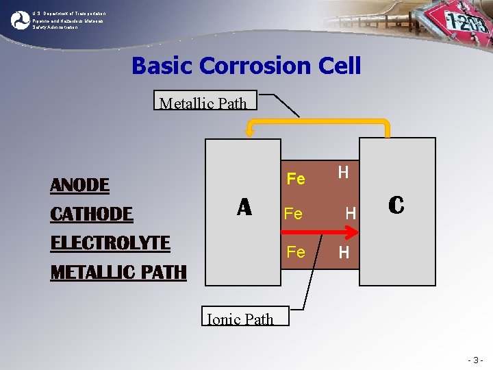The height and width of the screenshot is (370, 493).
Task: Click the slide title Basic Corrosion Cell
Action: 246,66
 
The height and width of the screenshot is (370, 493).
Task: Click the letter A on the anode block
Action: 244,206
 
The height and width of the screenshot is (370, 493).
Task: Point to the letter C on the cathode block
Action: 396,204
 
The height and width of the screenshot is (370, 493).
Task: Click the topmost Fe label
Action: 296,179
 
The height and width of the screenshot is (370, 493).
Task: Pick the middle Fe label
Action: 293,214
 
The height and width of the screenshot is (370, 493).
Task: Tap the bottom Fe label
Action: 296,251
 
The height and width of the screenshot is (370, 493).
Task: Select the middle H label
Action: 350,214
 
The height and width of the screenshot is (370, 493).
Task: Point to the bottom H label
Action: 344,253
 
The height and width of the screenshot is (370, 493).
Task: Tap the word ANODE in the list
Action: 80,185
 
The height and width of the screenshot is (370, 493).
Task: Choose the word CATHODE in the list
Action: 92,214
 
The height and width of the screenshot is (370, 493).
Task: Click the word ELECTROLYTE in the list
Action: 110,243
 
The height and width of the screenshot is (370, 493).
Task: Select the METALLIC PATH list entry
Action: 118,272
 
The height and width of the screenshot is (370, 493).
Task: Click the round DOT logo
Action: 21,20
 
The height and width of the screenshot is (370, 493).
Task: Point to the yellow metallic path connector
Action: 318,123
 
